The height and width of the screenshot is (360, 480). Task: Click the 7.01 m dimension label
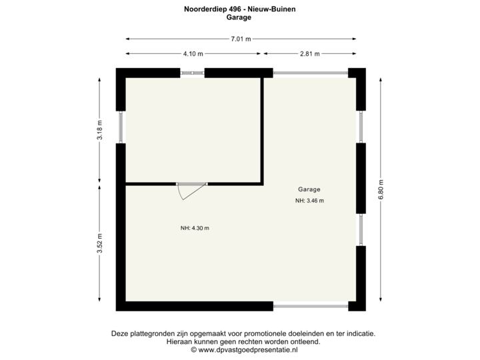241,39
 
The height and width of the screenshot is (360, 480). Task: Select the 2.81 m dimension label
310,54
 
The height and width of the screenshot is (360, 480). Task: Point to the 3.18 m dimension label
100,130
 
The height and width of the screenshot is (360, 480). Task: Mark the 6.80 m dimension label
381,189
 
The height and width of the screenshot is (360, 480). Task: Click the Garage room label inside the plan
309,189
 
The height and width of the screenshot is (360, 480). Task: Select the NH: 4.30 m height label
195,229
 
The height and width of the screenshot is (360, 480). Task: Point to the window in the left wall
121,126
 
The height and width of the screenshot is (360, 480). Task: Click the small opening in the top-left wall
193,73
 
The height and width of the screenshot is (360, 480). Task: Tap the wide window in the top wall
309,73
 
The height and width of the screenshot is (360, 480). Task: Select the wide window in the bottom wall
309,307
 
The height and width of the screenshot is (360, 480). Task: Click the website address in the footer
244,349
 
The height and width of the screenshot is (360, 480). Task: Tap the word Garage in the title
239,18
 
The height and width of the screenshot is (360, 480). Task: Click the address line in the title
239,9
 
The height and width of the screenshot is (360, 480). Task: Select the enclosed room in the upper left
193,129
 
